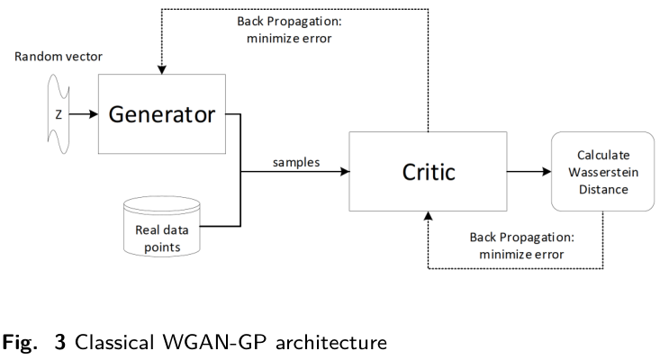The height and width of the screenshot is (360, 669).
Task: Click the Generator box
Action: [x=162, y=114]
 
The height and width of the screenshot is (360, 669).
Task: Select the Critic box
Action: [x=428, y=171]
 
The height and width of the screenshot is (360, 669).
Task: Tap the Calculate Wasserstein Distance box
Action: [x=601, y=171]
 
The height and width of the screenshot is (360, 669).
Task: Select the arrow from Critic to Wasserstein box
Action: [x=528, y=171]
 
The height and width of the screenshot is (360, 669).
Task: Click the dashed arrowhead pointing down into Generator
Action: [x=162, y=70]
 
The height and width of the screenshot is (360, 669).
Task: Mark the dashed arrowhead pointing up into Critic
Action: [x=428, y=216]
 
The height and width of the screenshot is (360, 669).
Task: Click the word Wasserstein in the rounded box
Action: [x=601, y=171]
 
